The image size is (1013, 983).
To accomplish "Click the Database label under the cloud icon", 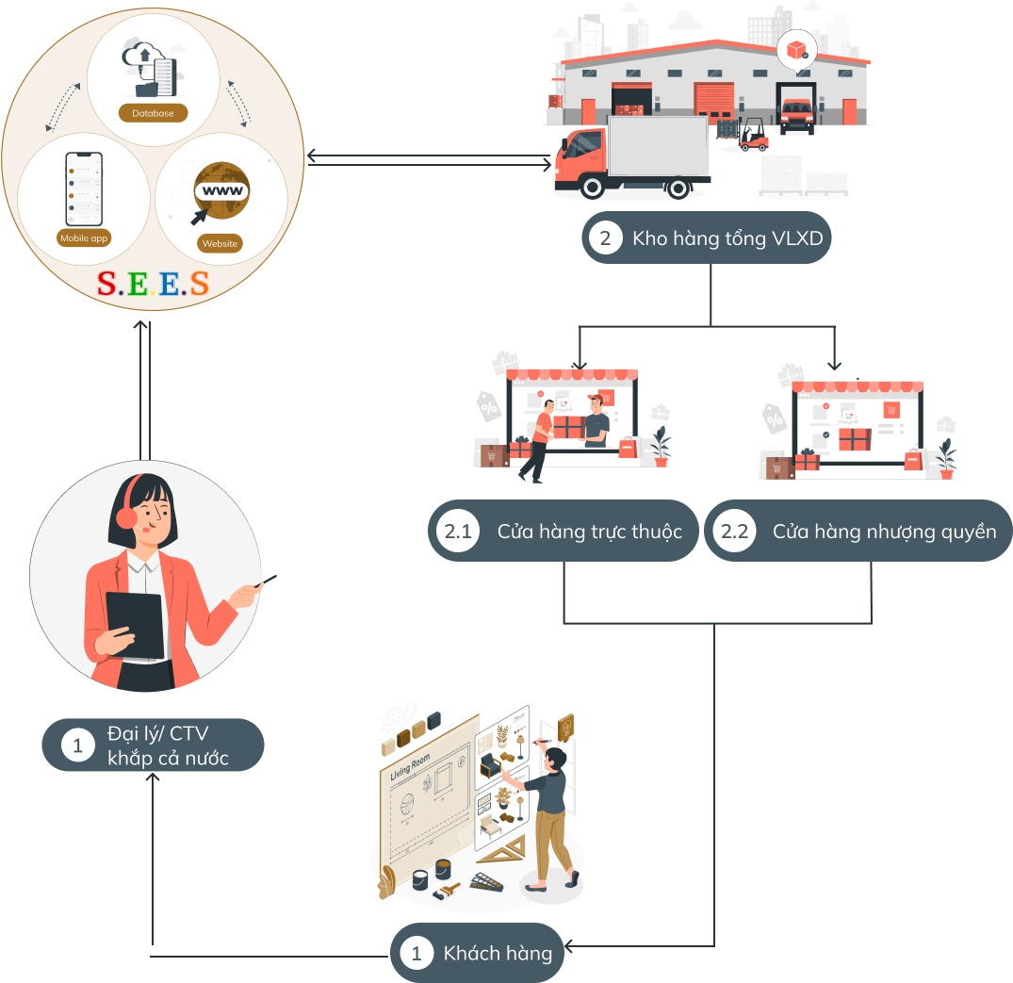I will point(152,113).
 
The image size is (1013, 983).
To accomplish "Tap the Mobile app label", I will point(85,238).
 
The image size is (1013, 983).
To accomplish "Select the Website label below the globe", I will point(220,243).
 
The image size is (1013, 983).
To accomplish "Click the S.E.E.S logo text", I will point(153,284).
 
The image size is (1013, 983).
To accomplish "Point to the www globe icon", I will point(221,192).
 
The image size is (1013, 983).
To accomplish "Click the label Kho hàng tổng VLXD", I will point(727,238).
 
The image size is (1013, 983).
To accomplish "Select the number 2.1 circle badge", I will point(458,532).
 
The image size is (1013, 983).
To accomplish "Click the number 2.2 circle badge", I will point(734,532).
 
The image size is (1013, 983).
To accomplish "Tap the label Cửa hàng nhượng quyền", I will point(884,532).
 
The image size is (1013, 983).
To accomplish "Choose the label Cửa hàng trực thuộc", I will point(589,532).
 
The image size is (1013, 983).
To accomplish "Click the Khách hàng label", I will point(498,953).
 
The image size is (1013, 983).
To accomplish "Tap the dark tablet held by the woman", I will point(134,624).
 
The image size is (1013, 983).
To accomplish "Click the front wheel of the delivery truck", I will point(592,187).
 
